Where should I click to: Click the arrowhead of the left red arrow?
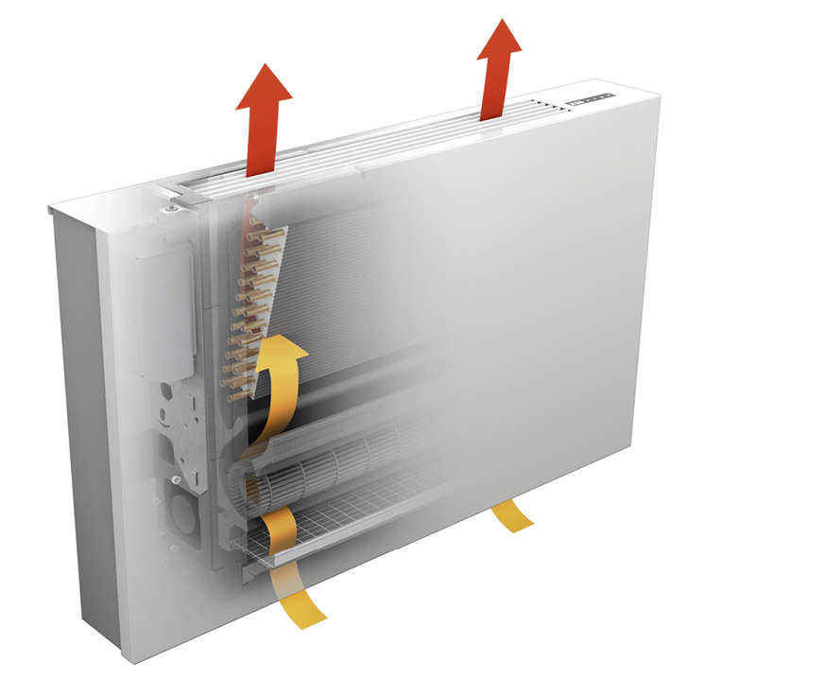click(x=263, y=88)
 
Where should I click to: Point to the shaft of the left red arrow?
click(x=260, y=142)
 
